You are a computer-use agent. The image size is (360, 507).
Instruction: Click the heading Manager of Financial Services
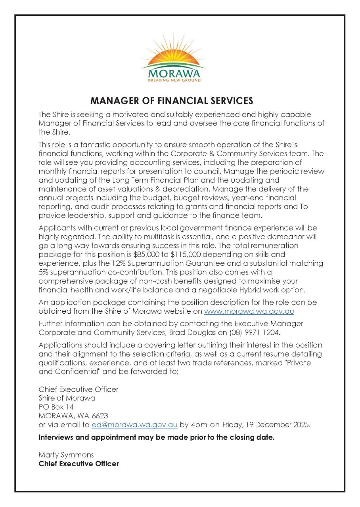coord(172,100)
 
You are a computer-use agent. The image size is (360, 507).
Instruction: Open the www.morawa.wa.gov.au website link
coord(249,311)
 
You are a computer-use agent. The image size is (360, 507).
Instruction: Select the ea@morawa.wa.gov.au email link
coord(134,425)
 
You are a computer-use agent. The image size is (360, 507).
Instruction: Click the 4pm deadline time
coord(199,425)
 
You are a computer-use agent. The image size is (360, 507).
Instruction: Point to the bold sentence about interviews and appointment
coord(156,438)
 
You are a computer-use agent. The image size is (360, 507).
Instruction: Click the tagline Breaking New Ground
coord(174,80)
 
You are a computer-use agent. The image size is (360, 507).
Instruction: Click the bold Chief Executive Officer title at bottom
coord(79,463)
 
